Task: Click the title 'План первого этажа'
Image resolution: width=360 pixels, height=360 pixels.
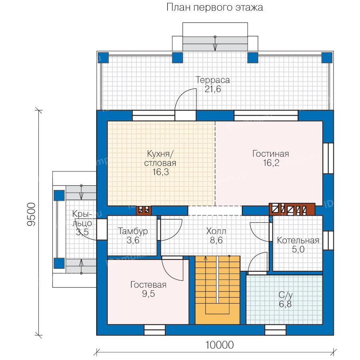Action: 214,8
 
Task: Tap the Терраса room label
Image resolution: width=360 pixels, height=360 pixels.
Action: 213,80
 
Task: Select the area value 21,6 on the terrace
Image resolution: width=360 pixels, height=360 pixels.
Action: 213,89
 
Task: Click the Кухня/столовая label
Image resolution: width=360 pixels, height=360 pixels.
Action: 160,158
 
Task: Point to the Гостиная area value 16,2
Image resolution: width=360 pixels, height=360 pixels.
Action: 271,163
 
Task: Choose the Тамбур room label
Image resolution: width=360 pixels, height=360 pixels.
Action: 133,231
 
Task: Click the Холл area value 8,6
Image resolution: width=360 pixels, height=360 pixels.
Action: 216,240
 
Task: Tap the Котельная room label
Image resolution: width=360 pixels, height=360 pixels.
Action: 298,240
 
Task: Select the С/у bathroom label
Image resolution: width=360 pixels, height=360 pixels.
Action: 285,295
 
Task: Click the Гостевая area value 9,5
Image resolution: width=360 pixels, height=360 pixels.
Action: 148,294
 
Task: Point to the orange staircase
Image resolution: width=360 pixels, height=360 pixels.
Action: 217,290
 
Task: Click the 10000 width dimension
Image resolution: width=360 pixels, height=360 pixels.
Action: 220,344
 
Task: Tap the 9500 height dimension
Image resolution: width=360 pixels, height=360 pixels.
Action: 32,215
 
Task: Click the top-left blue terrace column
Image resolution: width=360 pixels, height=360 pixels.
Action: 103,58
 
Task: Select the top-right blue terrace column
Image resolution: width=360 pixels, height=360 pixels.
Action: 327,58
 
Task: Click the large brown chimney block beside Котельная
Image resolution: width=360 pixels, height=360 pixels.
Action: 292,209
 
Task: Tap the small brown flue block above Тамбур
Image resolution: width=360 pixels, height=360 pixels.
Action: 144,210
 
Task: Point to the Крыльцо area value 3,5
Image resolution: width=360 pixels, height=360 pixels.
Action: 82,232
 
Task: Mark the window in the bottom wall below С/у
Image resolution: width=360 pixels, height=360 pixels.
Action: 276,330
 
